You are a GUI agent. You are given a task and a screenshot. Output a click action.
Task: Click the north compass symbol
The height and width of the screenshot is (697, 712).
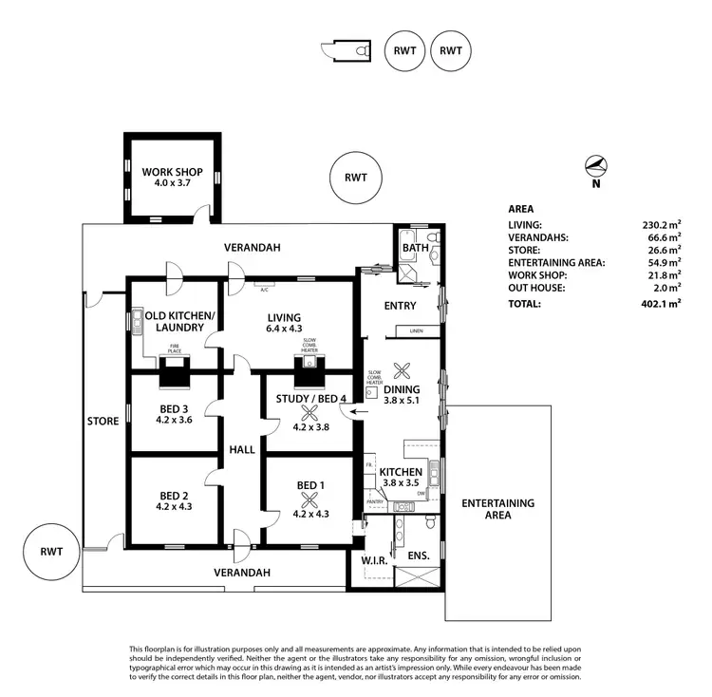tap(595, 168)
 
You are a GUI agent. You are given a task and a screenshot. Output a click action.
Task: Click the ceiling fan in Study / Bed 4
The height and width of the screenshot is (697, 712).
tap(310, 411)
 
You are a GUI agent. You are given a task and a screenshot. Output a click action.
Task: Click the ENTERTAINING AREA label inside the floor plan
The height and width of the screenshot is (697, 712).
tap(498, 509)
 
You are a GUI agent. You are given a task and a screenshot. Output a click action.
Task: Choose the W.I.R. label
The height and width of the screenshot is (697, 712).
tap(372, 559)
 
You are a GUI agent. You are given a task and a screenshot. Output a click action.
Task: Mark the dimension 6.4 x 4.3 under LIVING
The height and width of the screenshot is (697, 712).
tap(284, 330)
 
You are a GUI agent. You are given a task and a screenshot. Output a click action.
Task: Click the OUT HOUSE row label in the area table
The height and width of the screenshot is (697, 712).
tap(536, 288)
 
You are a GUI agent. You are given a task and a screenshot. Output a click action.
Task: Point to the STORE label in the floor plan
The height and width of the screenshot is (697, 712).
tap(103, 421)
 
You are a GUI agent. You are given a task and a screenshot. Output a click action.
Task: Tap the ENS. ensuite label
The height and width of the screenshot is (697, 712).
tap(419, 555)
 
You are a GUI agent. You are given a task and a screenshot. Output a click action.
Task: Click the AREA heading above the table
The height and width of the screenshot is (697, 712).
tap(521, 209)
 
